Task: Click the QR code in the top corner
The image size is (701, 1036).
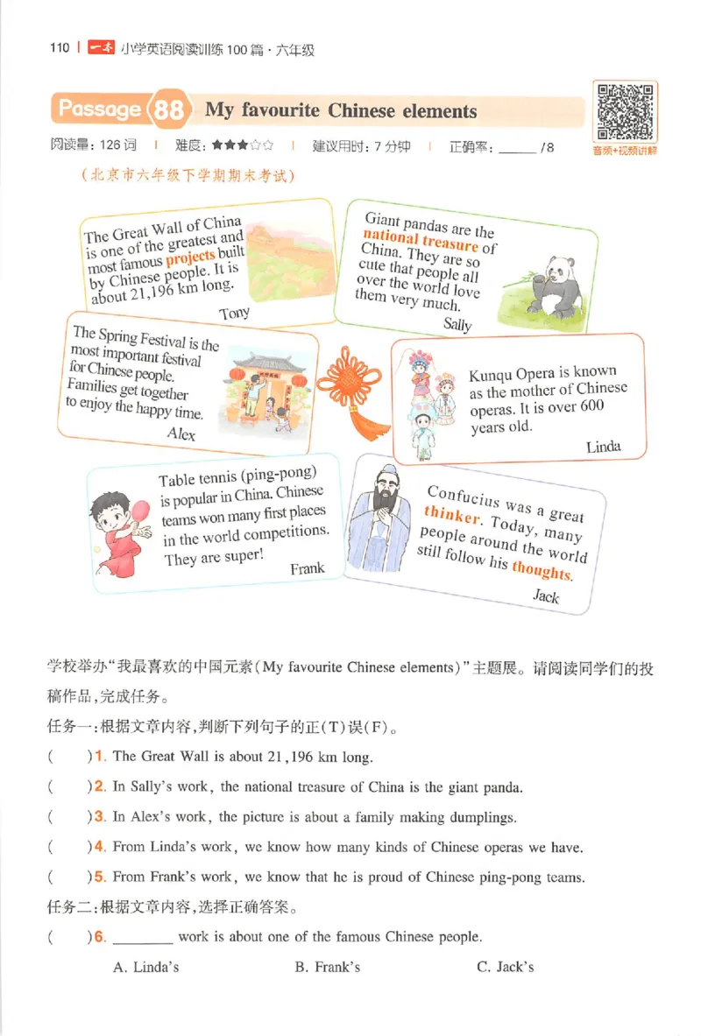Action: pyautogui.click(x=625, y=111)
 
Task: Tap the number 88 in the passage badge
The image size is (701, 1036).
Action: pyautogui.click(x=168, y=110)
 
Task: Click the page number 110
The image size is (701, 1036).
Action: pyautogui.click(x=59, y=48)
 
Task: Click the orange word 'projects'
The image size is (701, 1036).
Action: pyautogui.click(x=190, y=257)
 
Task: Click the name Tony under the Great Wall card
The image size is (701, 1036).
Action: pyautogui.click(x=234, y=313)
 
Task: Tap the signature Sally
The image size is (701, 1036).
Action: pyautogui.click(x=457, y=325)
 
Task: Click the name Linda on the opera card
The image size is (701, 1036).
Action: pyautogui.click(x=603, y=447)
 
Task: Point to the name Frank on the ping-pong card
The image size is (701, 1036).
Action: pyautogui.click(x=307, y=568)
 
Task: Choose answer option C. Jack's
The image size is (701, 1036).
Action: pyautogui.click(x=505, y=967)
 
